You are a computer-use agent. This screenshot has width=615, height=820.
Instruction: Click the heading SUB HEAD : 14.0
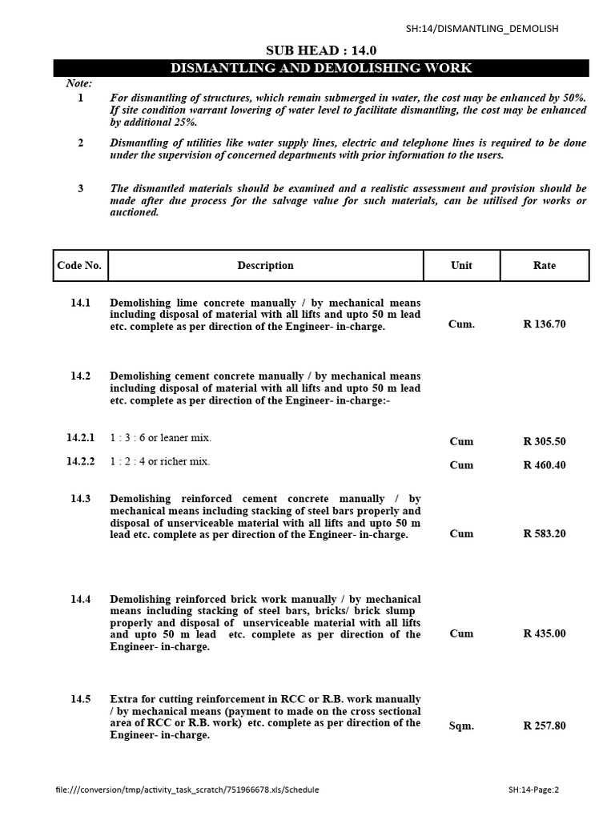point(320,50)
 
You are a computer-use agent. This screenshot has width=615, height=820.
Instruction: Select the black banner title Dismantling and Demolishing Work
point(320,68)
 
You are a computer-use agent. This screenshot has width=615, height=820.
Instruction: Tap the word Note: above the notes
point(78,83)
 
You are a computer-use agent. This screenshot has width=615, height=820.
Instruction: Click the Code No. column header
point(80,265)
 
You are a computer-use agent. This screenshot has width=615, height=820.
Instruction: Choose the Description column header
point(265,265)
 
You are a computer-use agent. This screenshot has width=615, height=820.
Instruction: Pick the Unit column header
point(461,265)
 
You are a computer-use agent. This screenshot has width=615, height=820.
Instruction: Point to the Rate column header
point(545,265)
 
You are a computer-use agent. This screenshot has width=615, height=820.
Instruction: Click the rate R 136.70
point(545,324)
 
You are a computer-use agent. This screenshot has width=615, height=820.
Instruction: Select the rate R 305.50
point(545,441)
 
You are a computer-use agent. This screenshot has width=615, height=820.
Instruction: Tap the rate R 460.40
point(545,464)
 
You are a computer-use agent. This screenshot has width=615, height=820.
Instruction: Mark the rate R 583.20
point(545,533)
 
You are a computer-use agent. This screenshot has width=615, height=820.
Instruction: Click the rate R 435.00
point(545,633)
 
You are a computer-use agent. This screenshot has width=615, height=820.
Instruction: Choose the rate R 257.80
point(545,726)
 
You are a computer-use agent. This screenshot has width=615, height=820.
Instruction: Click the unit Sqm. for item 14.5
point(461,726)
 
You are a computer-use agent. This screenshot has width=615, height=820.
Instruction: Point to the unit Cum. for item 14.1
point(461,324)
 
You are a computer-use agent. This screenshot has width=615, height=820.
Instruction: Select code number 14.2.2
point(80,461)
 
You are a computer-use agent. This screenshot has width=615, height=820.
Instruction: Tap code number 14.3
point(80,498)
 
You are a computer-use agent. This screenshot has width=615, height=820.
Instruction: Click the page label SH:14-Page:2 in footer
point(533,790)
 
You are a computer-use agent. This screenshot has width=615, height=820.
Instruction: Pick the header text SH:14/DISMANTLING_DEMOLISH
point(482,29)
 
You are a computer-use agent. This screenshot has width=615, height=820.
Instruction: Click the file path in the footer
point(187,790)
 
